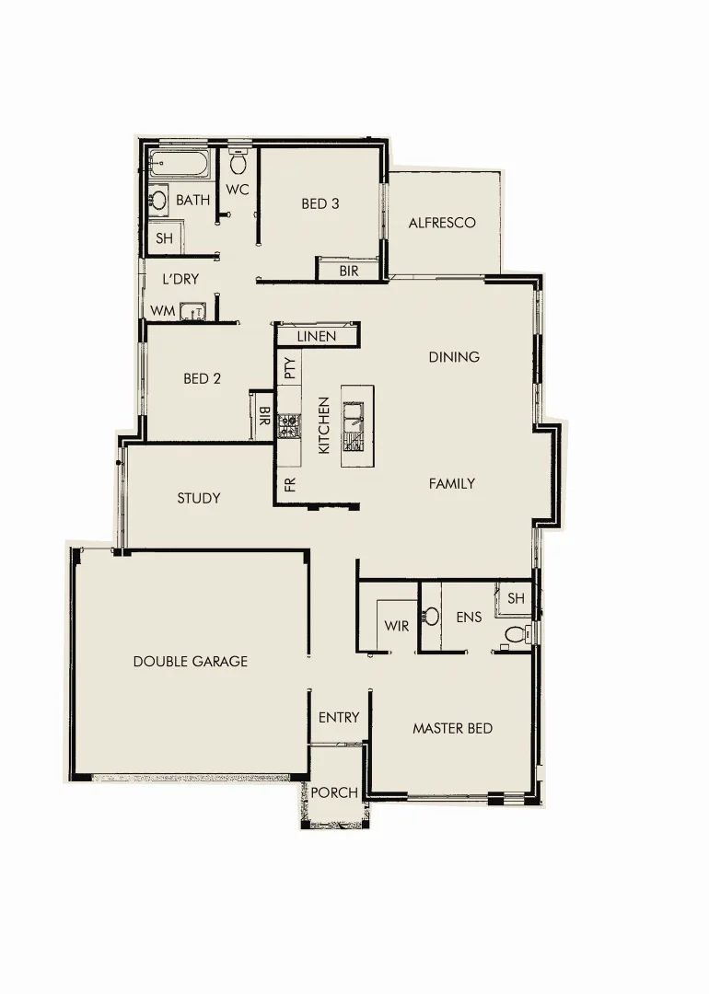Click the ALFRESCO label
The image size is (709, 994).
point(442,223)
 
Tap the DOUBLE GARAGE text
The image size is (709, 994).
point(191,661)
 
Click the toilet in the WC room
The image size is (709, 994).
point(238,165)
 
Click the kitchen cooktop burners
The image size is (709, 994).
point(289,425)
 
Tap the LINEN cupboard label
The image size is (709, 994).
point(316,337)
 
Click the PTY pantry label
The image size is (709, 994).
point(289,369)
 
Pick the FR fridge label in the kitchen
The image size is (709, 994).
point(290,484)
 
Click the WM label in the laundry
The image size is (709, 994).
point(162,312)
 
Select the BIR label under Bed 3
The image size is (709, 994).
point(349,272)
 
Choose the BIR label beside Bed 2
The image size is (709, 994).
point(264,416)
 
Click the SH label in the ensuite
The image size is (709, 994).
point(516,598)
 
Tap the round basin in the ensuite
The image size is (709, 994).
point(430,616)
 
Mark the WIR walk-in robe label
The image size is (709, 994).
point(397,626)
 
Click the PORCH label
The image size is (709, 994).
point(334,792)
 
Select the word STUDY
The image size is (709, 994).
point(199,498)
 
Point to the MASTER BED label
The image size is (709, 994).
point(452,728)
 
